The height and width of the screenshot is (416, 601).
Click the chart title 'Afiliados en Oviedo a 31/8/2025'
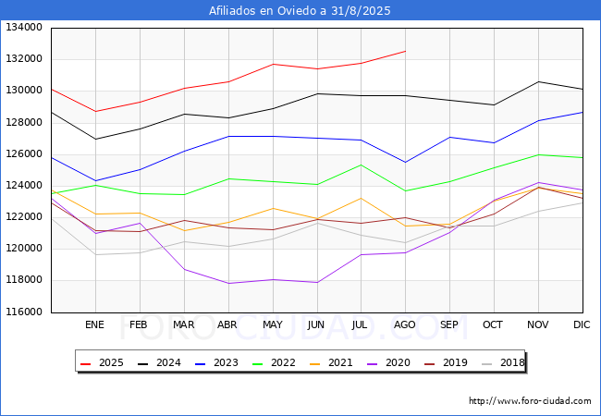click(x=300, y=11)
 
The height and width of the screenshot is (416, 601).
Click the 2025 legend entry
click(x=102, y=362)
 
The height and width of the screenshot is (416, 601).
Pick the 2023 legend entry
click(x=215, y=362)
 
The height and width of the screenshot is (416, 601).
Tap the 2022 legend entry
click(x=272, y=362)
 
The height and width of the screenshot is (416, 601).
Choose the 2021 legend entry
click(x=329, y=362)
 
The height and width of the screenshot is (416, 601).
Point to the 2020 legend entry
click(x=386, y=362)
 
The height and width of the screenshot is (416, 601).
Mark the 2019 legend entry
click(x=443, y=362)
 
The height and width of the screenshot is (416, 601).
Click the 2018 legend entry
click(x=499, y=362)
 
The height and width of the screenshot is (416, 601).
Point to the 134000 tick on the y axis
click(x=23, y=28)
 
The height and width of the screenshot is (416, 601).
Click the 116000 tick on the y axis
click(x=23, y=312)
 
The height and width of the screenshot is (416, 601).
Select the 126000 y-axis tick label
click(x=23, y=154)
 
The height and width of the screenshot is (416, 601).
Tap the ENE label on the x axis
click(x=95, y=325)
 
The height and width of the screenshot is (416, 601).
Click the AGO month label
click(x=405, y=325)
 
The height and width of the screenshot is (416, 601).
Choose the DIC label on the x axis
click(x=582, y=325)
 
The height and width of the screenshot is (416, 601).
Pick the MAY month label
click(x=273, y=325)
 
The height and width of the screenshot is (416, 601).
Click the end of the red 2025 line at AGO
click(x=405, y=51)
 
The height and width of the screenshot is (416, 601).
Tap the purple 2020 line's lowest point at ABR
click(x=228, y=283)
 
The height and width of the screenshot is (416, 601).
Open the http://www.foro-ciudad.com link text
click(x=530, y=401)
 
